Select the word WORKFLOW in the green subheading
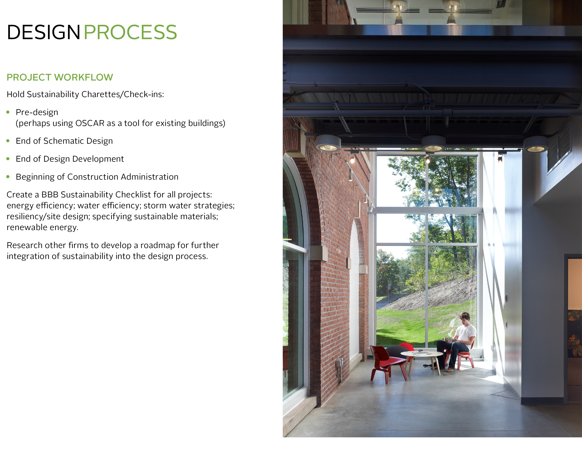coord(84,77)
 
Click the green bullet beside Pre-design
coord(8,112)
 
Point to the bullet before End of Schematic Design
coord(8,141)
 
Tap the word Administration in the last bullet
coord(150,177)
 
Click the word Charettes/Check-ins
coord(123,94)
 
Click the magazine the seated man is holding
coord(448,339)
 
